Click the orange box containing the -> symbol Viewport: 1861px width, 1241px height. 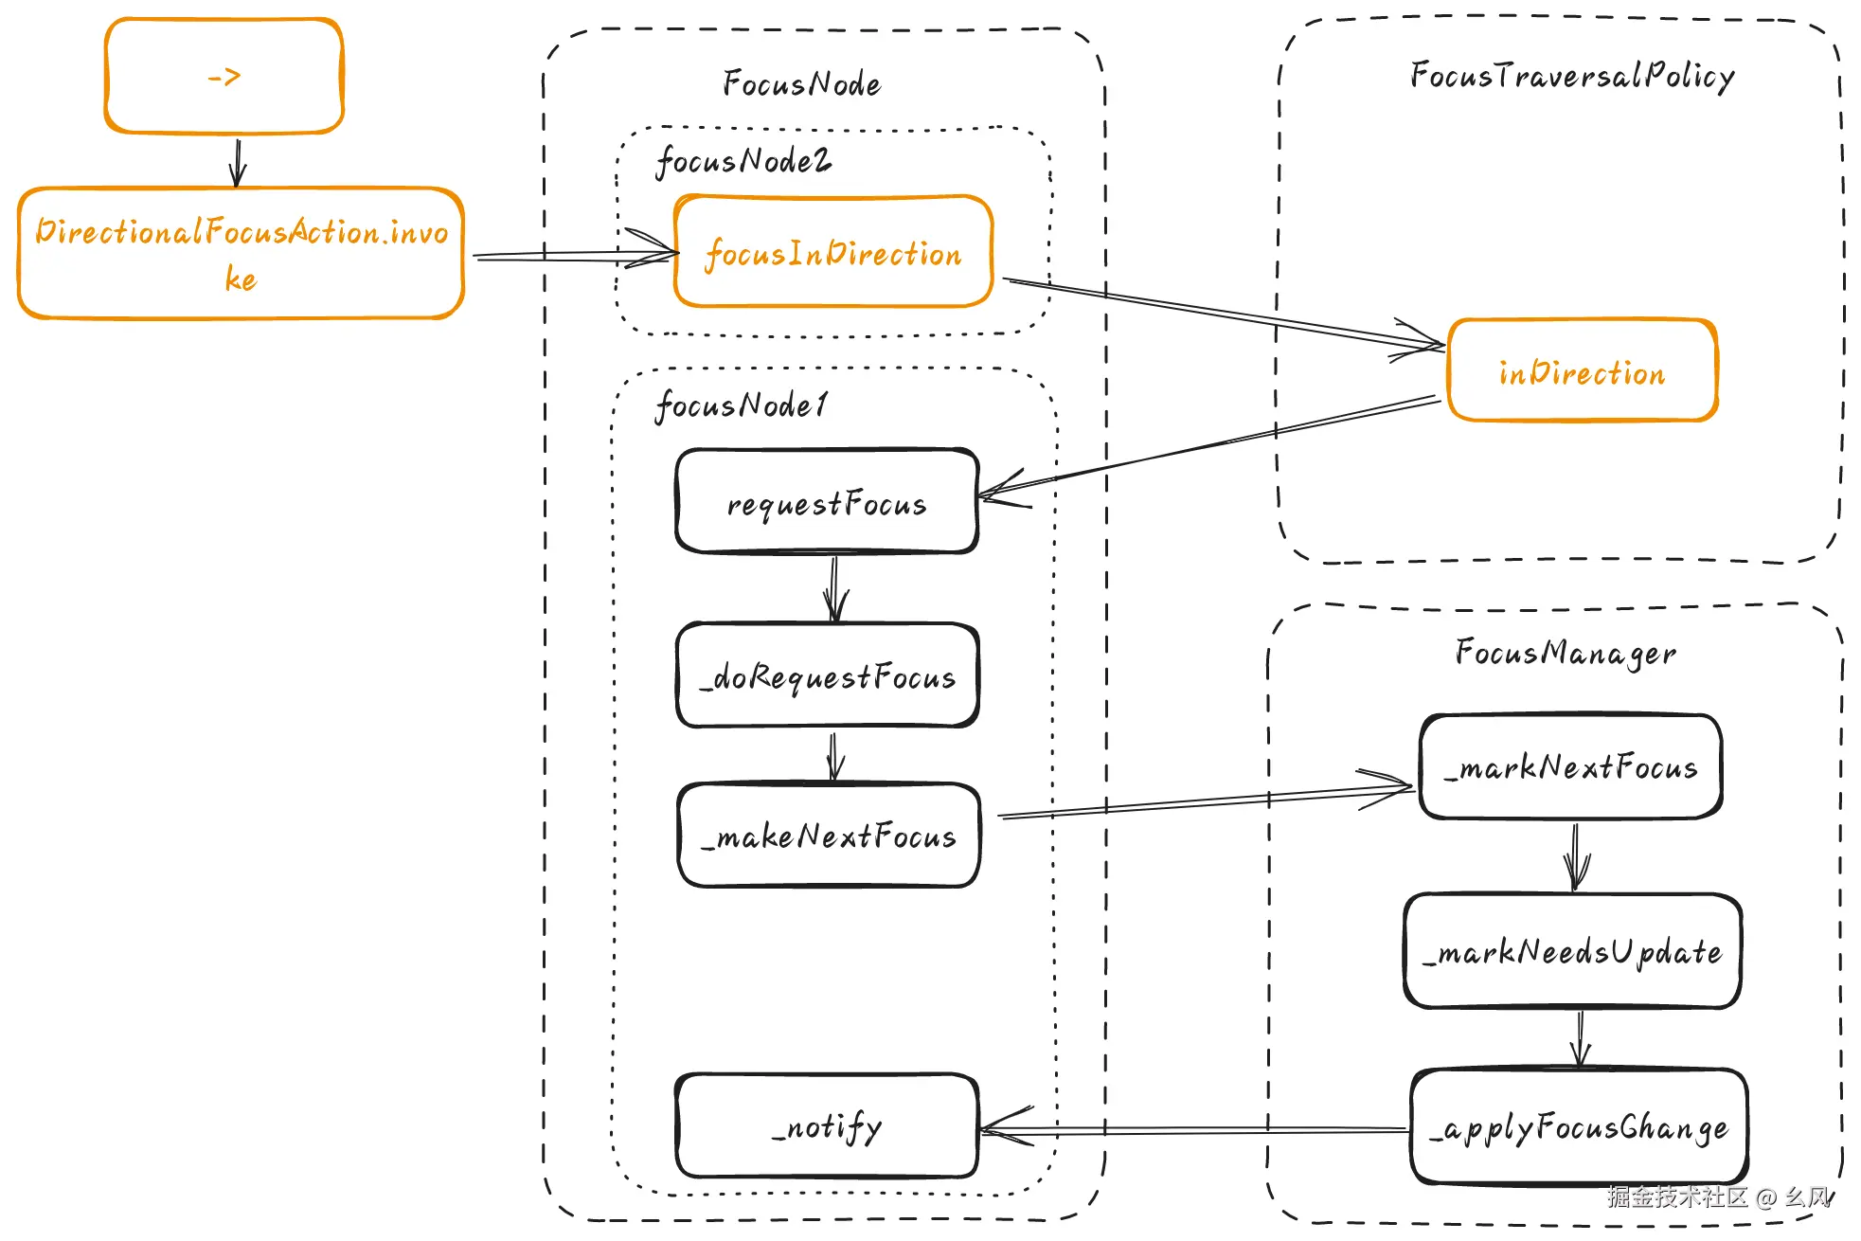coord(224,76)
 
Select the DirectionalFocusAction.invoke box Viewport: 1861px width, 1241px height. coord(241,253)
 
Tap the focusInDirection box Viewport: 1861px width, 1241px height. coord(833,252)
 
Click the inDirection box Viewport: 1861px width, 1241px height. coord(1582,370)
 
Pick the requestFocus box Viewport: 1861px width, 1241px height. coord(827,501)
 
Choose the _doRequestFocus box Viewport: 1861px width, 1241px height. coord(828,675)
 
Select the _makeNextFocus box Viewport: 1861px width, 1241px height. coord(829,835)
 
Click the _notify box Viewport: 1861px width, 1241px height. coord(827,1125)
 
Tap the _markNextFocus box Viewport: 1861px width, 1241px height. coord(1571,766)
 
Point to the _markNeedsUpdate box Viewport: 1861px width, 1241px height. coord(1573,951)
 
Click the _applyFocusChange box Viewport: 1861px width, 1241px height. coord(1579,1126)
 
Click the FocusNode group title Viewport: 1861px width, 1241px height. coord(801,83)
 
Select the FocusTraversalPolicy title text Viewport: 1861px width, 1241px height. coord(1572,76)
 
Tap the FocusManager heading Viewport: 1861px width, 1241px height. coord(1566,653)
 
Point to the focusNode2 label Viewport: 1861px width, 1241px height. coord(743,161)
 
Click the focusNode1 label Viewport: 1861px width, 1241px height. coord(742,405)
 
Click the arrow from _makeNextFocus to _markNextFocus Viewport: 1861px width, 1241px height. coord(1206,800)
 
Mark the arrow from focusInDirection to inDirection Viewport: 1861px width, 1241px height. coord(1224,314)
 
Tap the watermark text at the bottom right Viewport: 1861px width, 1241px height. coord(1719,1197)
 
